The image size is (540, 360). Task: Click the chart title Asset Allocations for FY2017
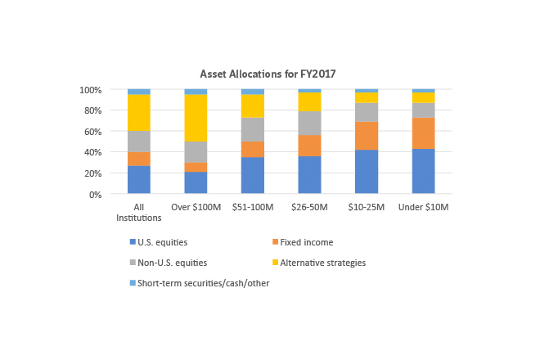269,74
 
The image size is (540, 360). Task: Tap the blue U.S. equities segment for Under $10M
423,171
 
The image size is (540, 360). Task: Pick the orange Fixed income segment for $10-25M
367,136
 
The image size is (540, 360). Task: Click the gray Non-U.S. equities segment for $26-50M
309,123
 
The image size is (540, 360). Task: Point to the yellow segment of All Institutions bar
139,112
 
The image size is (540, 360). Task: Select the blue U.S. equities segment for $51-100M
253,175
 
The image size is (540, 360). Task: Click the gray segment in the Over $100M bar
196,152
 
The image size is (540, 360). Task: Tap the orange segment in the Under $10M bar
423,133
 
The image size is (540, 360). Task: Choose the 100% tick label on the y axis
90,89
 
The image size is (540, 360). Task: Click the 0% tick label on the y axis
95,195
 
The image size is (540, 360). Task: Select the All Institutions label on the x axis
139,213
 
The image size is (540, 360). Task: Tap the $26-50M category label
309,208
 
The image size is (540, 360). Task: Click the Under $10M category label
423,208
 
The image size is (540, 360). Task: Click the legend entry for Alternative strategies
322,263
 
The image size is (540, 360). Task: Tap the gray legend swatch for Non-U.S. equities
133,263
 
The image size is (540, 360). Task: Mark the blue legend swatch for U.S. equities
133,242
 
